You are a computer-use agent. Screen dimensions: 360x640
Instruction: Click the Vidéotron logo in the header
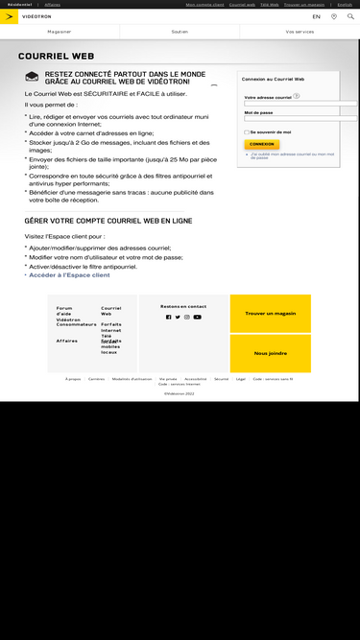tap(24, 16)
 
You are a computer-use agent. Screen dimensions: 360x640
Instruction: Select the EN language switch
tap(317, 16)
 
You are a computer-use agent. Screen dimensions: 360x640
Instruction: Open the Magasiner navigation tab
tap(60, 32)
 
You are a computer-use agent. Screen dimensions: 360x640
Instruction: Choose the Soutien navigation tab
tap(180, 32)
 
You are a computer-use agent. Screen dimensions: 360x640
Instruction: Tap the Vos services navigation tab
tap(300, 32)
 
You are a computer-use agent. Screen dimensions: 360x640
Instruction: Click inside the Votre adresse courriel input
tap(300, 103)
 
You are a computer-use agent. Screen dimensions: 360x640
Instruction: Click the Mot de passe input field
tap(300, 120)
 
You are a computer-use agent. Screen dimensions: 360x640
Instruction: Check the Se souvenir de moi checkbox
tap(247, 131)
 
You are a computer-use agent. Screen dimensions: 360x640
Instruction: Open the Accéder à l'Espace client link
tap(69, 274)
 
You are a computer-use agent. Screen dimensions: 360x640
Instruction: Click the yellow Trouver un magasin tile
tap(270, 313)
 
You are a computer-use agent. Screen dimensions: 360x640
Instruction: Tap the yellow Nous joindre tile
tap(270, 353)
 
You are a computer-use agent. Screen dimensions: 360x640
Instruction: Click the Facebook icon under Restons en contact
tap(168, 317)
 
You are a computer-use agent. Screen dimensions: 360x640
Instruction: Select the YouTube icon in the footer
tap(197, 317)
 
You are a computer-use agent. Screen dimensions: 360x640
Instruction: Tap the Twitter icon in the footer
tap(178, 317)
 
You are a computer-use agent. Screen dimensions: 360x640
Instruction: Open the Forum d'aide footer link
tap(63, 310)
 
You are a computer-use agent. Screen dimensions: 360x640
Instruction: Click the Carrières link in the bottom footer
tap(96, 379)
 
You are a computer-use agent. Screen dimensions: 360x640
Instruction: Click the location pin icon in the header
tap(334, 16)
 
